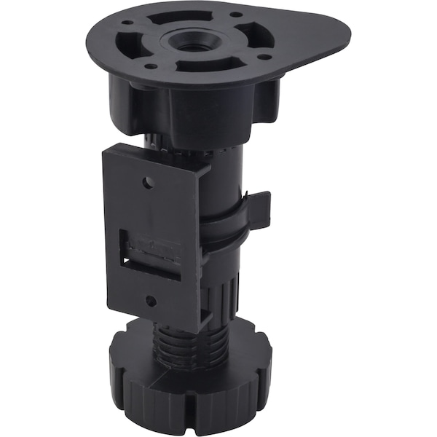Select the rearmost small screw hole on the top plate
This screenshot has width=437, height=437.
(x=235, y=14)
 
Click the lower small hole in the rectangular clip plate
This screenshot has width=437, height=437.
(x=150, y=300)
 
